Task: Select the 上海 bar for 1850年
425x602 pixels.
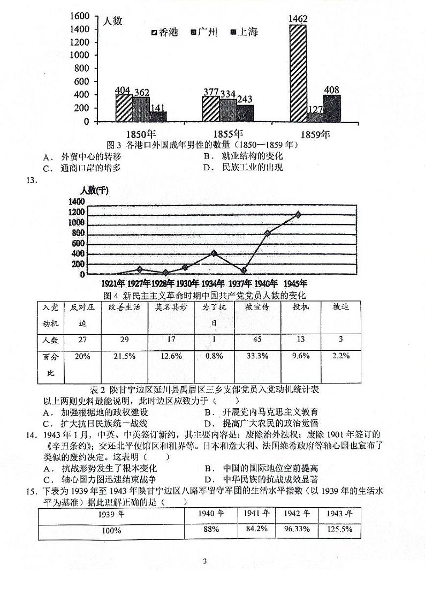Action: pyautogui.click(x=158, y=116)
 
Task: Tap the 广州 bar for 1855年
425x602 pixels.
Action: pyautogui.click(x=227, y=110)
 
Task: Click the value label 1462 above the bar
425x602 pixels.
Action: pyautogui.click(x=298, y=19)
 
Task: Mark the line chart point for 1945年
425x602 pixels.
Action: pyautogui.click(x=298, y=214)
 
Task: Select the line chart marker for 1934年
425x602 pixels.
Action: pyautogui.click(x=214, y=253)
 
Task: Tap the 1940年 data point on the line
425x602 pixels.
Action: pyautogui.click(x=268, y=233)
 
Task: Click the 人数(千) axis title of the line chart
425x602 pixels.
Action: pyautogui.click(x=94, y=190)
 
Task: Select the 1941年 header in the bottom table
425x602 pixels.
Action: pyautogui.click(x=256, y=513)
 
